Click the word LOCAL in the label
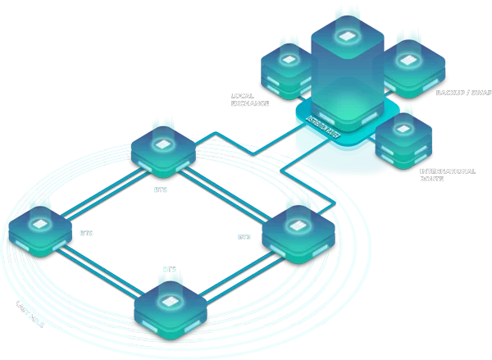tap(239, 96)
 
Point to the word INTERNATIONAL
tap(448, 171)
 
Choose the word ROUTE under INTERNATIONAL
tap(431, 179)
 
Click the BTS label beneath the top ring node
tap(160, 189)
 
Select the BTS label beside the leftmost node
tap(86, 233)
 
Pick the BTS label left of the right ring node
tap(244, 237)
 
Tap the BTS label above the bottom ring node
tap(170, 269)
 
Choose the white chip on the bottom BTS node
tap(168, 301)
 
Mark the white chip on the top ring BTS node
tap(163, 144)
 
